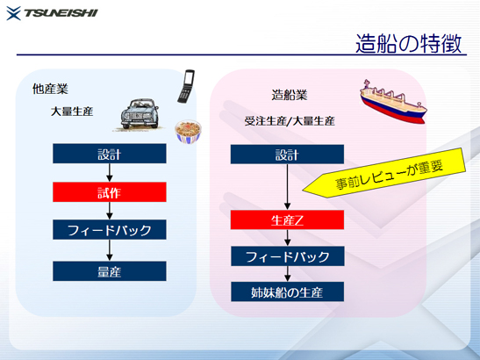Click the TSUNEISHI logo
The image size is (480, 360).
(x=52, y=13)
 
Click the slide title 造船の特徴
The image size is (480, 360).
(x=408, y=43)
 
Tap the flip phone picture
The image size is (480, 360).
(x=186, y=86)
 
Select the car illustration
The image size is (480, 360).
(x=140, y=114)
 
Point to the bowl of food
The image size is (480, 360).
(x=188, y=132)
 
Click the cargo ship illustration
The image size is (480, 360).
(x=393, y=101)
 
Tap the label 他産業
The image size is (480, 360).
(x=50, y=89)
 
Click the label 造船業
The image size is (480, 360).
(x=290, y=95)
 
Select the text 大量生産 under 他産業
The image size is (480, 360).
(x=72, y=112)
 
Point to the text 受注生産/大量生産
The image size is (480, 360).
(x=290, y=121)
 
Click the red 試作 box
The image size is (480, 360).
(x=110, y=192)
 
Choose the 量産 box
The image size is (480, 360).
(x=110, y=271)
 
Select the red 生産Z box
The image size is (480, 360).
(x=287, y=220)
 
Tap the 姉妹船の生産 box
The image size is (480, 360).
(x=287, y=292)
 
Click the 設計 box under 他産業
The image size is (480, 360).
(x=110, y=154)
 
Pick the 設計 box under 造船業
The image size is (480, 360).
(x=287, y=155)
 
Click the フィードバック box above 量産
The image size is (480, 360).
(x=110, y=229)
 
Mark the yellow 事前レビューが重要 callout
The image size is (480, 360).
(x=384, y=173)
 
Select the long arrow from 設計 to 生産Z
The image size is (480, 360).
(x=287, y=187)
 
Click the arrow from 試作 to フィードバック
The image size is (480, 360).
(x=110, y=211)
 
